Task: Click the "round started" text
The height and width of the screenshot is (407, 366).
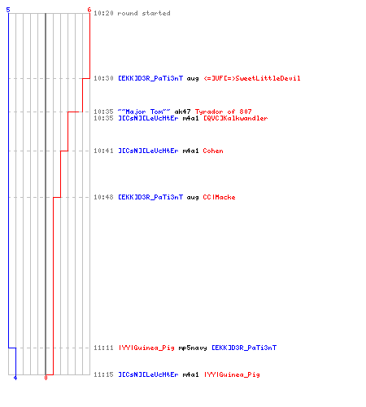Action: pyautogui.click(x=144, y=13)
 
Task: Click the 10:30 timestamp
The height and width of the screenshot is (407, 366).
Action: pyautogui.click(x=103, y=78)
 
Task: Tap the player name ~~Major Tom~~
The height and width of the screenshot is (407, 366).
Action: pyautogui.click(x=144, y=112)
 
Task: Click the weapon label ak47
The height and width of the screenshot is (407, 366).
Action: pyautogui.click(x=182, y=112)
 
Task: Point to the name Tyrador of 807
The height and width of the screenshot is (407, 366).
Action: pyautogui.click(x=224, y=112)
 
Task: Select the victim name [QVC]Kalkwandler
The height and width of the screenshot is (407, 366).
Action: pyautogui.click(x=236, y=118)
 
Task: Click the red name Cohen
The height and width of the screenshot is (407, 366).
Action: pyautogui.click(x=213, y=151)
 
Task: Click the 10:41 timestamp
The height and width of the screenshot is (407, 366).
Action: pyautogui.click(x=103, y=151)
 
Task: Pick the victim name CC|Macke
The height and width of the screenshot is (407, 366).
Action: pyautogui.click(x=219, y=197)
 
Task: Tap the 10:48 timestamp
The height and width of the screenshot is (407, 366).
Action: pyautogui.click(x=103, y=197)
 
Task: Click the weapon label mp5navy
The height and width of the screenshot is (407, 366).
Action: pyautogui.click(x=193, y=348)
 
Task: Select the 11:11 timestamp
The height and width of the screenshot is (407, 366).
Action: pyautogui.click(x=103, y=348)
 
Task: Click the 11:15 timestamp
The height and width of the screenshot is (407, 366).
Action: pyautogui.click(x=103, y=374)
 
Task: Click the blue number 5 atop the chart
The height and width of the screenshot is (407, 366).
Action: pyautogui.click(x=8, y=10)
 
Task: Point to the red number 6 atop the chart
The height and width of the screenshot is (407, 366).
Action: pyautogui.click(x=89, y=10)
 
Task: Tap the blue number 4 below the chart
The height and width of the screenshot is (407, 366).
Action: pyautogui.click(x=15, y=378)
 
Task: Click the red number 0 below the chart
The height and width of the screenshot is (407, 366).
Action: pyautogui.click(x=46, y=378)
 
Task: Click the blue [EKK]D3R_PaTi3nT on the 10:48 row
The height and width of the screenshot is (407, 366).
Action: pyautogui.click(x=150, y=197)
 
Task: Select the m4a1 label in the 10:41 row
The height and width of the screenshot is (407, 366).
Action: pyautogui.click(x=190, y=151)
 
